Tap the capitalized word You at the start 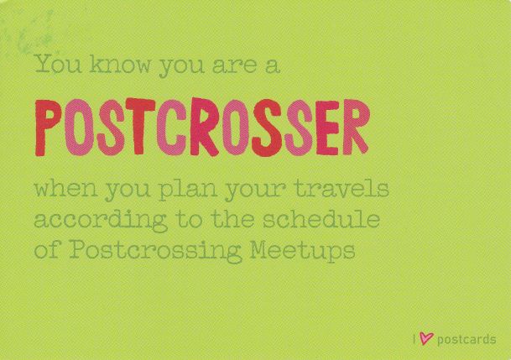(x=58, y=64)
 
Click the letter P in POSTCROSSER (x=48, y=128)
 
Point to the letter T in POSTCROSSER (x=140, y=126)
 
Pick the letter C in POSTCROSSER (x=171, y=127)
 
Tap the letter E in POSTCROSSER (x=328, y=128)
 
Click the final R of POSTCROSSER (x=356, y=127)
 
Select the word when (x=66, y=188)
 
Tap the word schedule (x=321, y=219)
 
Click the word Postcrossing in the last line (x=155, y=251)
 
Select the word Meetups (x=302, y=251)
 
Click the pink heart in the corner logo (x=426, y=338)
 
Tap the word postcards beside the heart (x=467, y=340)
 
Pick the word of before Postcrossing (x=47, y=251)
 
